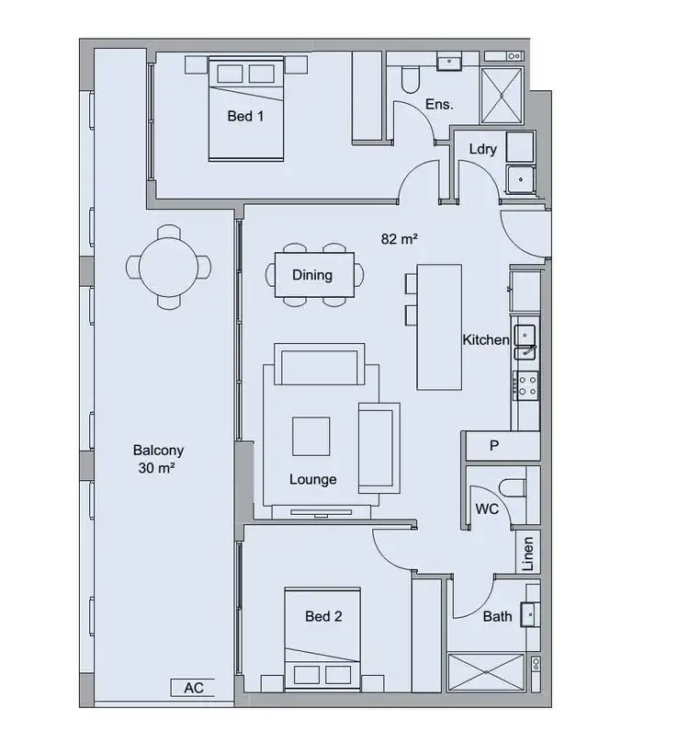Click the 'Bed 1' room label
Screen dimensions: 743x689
click(245, 117)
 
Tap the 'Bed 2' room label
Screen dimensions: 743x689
click(323, 616)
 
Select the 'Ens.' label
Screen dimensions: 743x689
click(439, 105)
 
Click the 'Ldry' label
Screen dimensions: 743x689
click(482, 149)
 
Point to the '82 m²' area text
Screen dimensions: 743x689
click(400, 239)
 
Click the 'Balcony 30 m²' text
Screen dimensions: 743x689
click(158, 459)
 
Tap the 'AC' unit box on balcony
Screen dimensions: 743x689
click(193, 688)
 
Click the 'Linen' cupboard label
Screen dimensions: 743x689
click(527, 554)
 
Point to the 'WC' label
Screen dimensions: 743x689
click(486, 509)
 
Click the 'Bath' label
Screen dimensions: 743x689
click(497, 616)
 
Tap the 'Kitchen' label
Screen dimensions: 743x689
click(485, 340)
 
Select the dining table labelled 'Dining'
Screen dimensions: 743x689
click(312, 275)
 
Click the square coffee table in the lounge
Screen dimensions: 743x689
click(311, 436)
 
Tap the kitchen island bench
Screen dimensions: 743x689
click(439, 326)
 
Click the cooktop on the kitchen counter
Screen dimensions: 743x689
click(527, 384)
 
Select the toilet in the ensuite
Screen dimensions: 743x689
click(410, 78)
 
